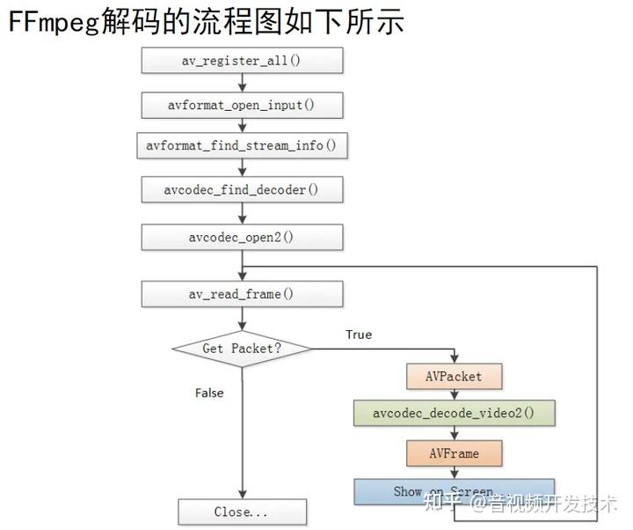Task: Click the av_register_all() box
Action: [x=242, y=61]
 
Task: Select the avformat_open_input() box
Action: [x=242, y=105]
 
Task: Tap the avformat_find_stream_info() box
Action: [x=242, y=145]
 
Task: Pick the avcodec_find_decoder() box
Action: [x=242, y=190]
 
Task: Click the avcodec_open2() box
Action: [x=242, y=237]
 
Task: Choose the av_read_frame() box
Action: [x=242, y=294]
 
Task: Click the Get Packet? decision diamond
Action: [x=242, y=349]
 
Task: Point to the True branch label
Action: [x=358, y=335]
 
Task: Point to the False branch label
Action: [x=209, y=393]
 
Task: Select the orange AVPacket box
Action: [x=455, y=376]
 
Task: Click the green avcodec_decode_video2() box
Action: [x=455, y=413]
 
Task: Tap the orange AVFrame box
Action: [x=455, y=453]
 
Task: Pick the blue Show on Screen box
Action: [x=455, y=490]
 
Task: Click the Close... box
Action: [x=242, y=512]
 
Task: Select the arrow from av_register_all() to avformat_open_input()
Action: [x=242, y=83]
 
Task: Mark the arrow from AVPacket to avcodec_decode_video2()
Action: [x=455, y=394]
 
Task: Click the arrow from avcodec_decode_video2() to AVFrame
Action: [x=455, y=433]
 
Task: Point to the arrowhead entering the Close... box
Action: [x=242, y=494]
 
